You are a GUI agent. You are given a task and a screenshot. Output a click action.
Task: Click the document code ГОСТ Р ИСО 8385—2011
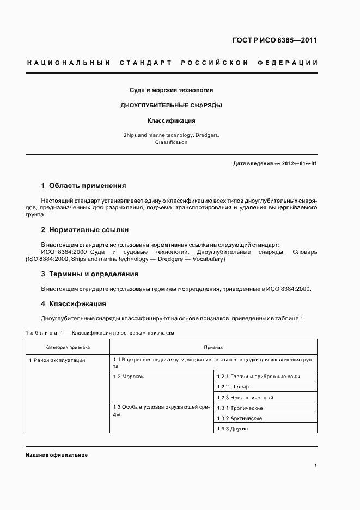point(275,40)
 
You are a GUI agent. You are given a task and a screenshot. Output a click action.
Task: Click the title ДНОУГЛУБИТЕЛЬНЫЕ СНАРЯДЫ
point(171,105)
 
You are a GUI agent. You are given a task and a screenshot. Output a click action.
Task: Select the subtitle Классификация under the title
point(171,120)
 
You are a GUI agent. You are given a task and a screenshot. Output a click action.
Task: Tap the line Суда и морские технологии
point(171,89)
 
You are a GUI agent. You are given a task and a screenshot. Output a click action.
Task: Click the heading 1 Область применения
point(83,186)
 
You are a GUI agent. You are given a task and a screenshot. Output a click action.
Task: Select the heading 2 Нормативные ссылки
point(85,230)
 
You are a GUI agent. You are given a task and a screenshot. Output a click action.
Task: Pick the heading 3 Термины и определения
point(90,274)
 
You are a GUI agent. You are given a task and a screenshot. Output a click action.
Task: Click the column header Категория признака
point(68,347)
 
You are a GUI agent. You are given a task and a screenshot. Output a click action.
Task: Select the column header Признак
point(213,347)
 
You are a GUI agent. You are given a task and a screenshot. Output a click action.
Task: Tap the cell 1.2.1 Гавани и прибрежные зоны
point(258,377)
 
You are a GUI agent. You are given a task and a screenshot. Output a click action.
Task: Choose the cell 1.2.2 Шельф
point(233,387)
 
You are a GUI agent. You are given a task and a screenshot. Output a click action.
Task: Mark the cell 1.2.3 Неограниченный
point(245,398)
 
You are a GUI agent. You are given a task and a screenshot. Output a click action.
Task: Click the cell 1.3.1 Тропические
point(240,408)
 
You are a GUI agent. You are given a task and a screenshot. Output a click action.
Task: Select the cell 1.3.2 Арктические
point(239,418)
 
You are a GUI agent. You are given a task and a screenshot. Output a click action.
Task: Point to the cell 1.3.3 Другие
point(232,429)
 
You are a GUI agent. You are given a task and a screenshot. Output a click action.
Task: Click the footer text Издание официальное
point(56,454)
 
